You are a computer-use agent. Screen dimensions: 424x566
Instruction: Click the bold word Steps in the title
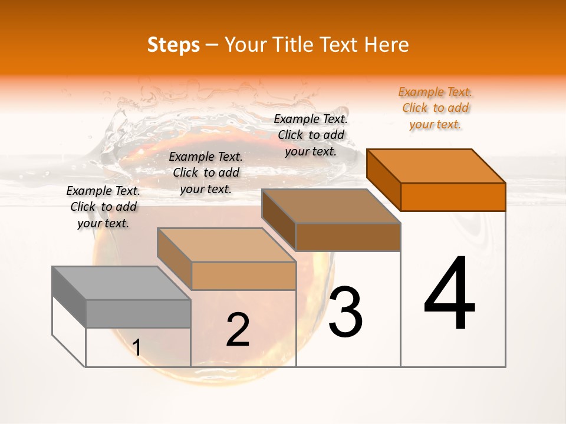pyautogui.click(x=173, y=45)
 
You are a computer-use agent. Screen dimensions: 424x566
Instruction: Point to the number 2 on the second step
pyautogui.click(x=238, y=330)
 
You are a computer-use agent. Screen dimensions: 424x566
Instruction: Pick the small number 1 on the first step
pyautogui.click(x=136, y=348)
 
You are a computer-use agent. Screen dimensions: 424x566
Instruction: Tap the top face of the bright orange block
pyautogui.click(x=436, y=165)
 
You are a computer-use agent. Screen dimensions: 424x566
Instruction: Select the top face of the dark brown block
pyautogui.click(x=331, y=206)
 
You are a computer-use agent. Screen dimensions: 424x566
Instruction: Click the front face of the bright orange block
pyautogui.click(x=453, y=197)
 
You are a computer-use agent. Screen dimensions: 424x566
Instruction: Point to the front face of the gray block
pyautogui.click(x=138, y=313)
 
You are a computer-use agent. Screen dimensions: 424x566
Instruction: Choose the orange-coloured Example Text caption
pyautogui.click(x=435, y=108)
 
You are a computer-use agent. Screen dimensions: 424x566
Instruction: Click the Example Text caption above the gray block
pyautogui.click(x=103, y=207)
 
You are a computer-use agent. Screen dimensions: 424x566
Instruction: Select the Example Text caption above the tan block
pyautogui.click(x=206, y=173)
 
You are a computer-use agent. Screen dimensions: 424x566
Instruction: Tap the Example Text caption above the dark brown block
pyautogui.click(x=311, y=135)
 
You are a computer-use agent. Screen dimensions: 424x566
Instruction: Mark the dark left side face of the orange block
pyautogui.click(x=383, y=179)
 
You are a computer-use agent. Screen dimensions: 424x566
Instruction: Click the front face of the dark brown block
pyautogui.click(x=348, y=237)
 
